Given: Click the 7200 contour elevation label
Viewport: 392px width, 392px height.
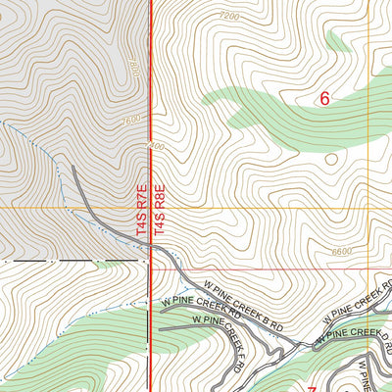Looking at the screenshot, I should [229, 17].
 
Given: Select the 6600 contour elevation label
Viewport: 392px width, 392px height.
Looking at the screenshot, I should [341, 251].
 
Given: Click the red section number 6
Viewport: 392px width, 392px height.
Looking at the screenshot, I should [325, 97].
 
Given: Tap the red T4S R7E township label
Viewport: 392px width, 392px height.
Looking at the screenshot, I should [140, 206].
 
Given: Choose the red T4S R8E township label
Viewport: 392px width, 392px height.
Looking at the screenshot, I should [161, 206].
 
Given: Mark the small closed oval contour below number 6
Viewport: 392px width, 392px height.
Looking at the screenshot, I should [331, 158].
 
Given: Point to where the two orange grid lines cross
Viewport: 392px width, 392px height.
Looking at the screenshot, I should [368, 208].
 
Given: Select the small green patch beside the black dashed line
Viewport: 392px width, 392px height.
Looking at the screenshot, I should [106, 264].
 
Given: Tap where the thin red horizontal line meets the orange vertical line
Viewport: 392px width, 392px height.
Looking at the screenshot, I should [368, 269].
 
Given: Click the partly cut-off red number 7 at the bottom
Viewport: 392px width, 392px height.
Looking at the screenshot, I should [312, 388].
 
